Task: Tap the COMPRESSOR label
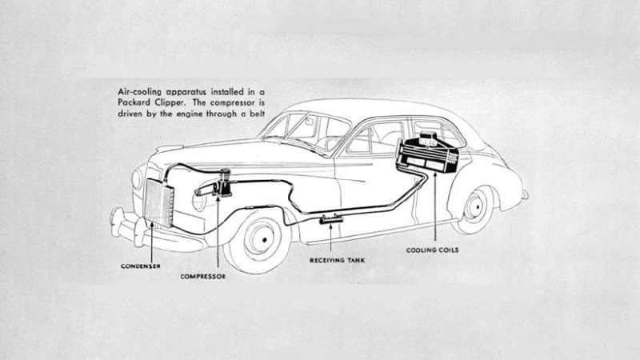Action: click(203, 277)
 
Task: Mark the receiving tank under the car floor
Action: click(329, 218)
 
